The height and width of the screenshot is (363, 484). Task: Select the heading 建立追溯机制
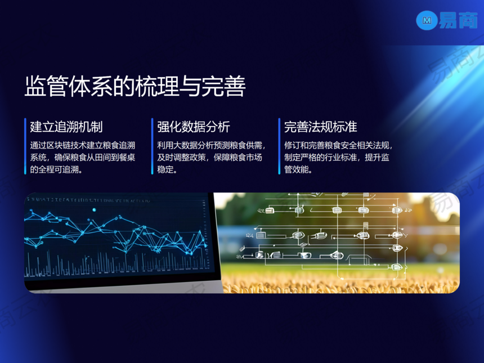66,127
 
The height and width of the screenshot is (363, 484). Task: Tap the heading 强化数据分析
194,127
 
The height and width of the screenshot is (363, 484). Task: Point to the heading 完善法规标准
321,127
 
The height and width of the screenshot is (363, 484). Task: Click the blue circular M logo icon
427,20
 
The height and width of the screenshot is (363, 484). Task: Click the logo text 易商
458,20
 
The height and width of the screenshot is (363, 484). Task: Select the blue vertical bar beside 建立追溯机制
25,146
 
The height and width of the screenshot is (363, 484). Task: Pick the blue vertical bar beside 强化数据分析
152,146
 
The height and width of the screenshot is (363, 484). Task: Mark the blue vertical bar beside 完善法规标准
279,146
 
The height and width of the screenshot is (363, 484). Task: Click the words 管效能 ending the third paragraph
297,169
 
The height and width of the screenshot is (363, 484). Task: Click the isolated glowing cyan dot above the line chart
94,210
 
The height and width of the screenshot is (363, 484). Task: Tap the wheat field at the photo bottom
339,283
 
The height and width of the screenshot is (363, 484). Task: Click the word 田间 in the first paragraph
103,158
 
